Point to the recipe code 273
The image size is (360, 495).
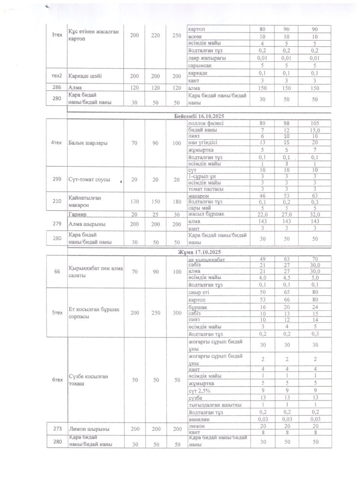[x=56, y=429]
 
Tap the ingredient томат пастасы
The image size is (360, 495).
[x=204, y=189]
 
